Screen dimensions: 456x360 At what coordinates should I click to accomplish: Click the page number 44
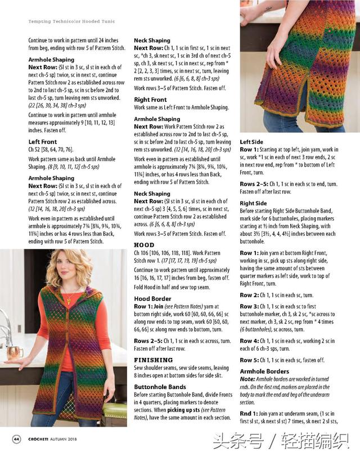[x=17, y=439]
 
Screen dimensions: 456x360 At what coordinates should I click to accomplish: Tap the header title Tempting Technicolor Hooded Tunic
[x=71, y=21]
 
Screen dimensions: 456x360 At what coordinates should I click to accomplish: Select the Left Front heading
[x=43, y=142]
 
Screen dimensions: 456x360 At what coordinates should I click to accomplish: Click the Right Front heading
[x=150, y=100]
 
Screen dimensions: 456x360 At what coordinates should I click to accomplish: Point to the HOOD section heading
[x=144, y=245]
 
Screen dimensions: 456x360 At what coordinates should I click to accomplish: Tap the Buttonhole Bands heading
[x=160, y=387]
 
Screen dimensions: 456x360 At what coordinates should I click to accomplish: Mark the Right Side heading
[x=254, y=203]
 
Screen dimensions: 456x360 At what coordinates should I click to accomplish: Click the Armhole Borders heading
[x=264, y=372]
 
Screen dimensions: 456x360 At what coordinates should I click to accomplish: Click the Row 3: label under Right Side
[x=250, y=306]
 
